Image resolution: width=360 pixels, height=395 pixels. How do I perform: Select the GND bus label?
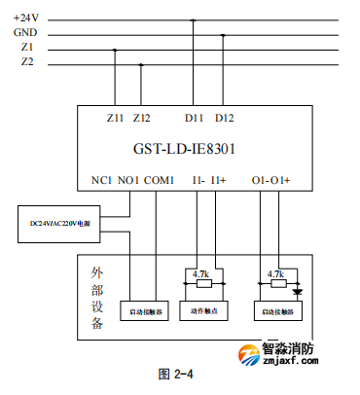click(x=28, y=32)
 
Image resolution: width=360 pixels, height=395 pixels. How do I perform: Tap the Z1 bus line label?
click(x=27, y=47)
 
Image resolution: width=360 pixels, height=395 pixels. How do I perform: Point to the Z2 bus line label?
click(x=27, y=62)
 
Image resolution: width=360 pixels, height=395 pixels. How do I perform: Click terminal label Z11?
click(x=115, y=118)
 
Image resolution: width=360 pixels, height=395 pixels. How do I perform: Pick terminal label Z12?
click(x=142, y=118)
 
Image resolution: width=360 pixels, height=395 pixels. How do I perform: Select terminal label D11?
click(x=195, y=118)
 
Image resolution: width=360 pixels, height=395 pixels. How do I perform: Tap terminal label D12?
click(x=224, y=118)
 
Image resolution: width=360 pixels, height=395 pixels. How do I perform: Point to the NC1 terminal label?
click(x=101, y=181)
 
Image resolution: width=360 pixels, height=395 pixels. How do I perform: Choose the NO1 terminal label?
click(x=128, y=181)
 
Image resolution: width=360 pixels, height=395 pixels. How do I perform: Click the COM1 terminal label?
click(x=159, y=181)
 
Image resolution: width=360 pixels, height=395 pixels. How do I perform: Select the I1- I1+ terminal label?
click(x=208, y=181)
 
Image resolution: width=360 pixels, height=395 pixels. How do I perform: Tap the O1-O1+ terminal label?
click(x=271, y=181)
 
